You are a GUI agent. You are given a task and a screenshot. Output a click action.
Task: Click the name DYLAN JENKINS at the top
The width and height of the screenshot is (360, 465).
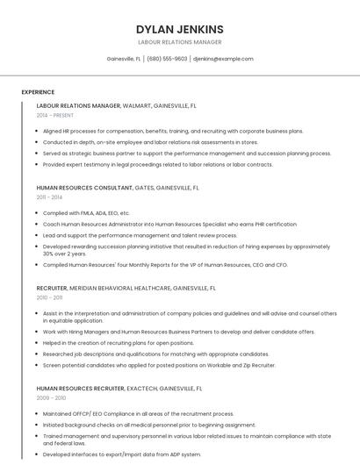179,29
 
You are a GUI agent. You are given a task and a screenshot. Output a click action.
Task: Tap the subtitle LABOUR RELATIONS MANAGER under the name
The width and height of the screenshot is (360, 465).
179,42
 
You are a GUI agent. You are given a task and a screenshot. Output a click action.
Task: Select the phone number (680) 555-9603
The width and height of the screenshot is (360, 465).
167,59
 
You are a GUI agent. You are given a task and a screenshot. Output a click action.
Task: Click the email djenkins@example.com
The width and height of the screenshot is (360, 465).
223,59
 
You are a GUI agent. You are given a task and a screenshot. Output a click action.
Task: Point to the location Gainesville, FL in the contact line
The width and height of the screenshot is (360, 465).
123,59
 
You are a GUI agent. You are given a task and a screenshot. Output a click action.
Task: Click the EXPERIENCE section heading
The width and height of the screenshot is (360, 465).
38,91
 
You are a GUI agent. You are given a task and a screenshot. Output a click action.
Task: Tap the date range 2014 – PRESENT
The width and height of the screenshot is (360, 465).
55,115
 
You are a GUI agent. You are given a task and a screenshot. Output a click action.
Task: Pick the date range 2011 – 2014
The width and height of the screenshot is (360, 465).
49,197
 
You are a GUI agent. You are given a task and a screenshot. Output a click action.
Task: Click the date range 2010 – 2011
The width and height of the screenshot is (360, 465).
49,297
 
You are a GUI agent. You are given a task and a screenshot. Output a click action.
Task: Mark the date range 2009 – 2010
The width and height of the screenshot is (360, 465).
49,397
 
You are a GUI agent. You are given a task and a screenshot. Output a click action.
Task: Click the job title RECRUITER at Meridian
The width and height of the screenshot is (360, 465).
52,287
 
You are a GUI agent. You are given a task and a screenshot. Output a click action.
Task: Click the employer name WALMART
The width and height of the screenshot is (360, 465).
138,105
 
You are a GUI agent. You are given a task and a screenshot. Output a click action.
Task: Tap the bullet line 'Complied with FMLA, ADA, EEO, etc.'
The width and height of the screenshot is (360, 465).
86,213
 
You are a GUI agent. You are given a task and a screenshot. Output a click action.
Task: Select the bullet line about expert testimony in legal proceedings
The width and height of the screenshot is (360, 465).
158,164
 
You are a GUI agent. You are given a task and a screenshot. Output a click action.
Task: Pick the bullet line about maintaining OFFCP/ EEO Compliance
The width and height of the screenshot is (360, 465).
139,413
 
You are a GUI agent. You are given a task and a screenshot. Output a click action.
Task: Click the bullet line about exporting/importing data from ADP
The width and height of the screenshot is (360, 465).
122,454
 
